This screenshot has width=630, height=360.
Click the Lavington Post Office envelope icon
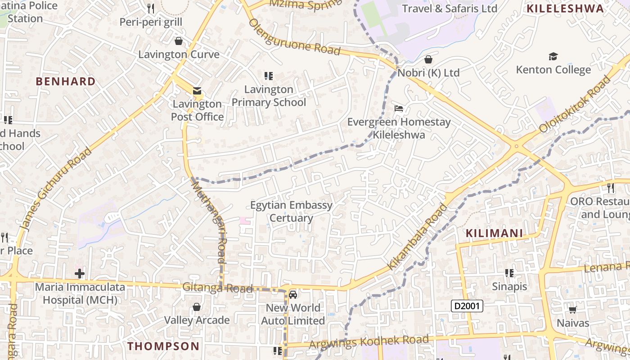pyautogui.click(x=197, y=91)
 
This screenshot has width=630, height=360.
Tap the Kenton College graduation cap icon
pyautogui.click(x=553, y=56)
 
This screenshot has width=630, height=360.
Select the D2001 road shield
pyautogui.click(x=467, y=306)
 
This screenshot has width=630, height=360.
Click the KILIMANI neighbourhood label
pyautogui.click(x=494, y=233)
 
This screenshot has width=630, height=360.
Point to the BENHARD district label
pyautogui.click(x=66, y=81)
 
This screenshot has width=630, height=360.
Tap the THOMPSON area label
pyautogui.click(x=163, y=346)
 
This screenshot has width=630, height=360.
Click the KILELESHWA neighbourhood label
pyautogui.click(x=565, y=9)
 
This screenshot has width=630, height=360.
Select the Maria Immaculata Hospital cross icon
pyautogui.click(x=80, y=273)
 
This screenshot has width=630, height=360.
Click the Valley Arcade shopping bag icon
pyautogui.click(x=197, y=307)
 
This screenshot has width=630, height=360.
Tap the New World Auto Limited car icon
pyautogui.click(x=293, y=295)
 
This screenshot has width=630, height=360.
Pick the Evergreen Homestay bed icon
pyautogui.click(x=399, y=108)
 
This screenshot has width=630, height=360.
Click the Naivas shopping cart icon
pyautogui.click(x=573, y=310)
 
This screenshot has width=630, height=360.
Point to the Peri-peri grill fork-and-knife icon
pyautogui.click(x=151, y=9)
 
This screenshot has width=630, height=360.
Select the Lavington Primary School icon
pyautogui.click(x=269, y=76)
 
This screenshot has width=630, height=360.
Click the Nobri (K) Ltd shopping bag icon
pyautogui.click(x=428, y=59)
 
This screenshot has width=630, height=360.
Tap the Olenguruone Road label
pyautogui.click(x=294, y=37)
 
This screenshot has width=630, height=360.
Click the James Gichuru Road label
pyautogui.click(x=56, y=189)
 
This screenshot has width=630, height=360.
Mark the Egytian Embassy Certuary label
pyautogui.click(x=291, y=211)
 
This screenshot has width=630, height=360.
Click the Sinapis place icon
pyautogui.click(x=509, y=273)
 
